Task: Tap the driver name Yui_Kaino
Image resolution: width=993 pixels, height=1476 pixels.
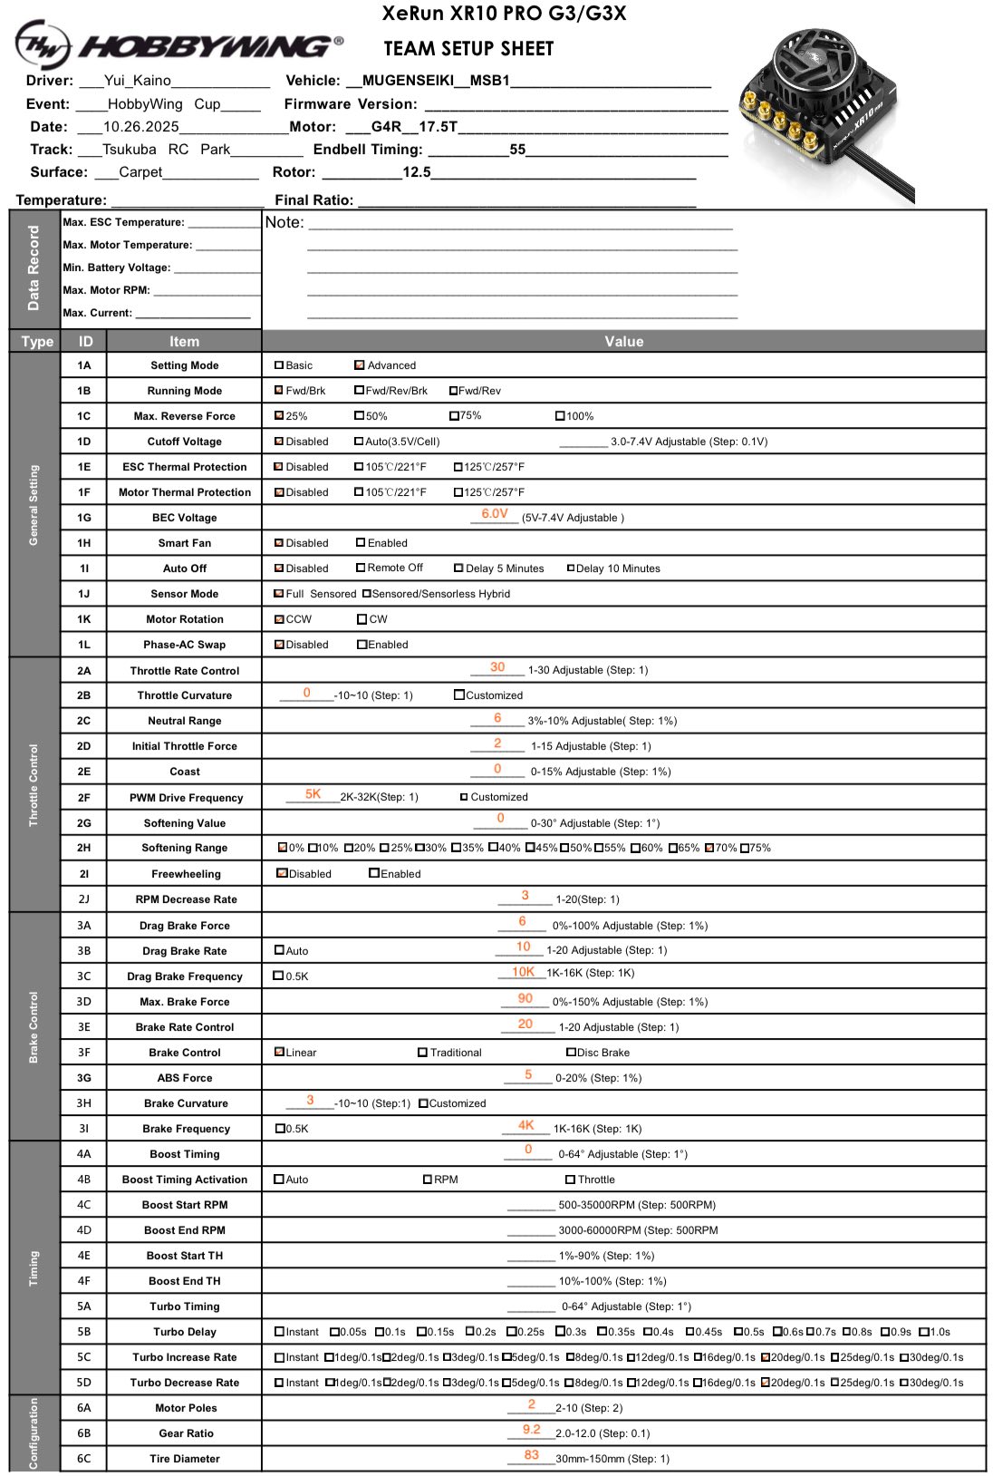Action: pos(138,81)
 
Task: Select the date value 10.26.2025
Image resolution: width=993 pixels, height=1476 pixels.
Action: pos(141,127)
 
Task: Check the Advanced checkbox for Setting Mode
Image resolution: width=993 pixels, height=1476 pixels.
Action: pos(360,365)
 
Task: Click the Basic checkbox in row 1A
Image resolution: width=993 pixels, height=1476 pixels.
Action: pos(279,365)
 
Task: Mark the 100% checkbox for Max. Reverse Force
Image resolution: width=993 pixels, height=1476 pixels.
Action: pos(561,416)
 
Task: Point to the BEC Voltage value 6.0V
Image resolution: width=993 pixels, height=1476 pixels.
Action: pos(495,514)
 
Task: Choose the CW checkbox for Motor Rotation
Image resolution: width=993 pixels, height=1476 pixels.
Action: pos(362,619)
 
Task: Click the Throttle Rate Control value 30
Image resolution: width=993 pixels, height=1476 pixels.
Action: pos(497,667)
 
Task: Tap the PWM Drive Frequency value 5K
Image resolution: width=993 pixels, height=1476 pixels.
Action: pos(313,794)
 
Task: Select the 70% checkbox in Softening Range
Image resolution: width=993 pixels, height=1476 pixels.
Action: pos(709,849)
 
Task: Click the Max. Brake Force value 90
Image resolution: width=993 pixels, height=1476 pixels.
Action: pos(525,998)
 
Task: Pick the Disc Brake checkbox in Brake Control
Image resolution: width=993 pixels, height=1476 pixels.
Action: pos(571,1053)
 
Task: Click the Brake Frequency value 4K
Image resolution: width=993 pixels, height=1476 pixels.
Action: pos(526,1125)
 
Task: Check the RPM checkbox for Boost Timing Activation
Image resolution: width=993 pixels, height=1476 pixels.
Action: pos(428,1180)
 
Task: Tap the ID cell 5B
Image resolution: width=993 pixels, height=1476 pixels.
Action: pos(84,1332)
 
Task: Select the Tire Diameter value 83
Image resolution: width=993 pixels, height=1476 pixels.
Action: pos(532,1455)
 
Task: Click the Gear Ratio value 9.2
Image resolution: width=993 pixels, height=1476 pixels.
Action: pos(532,1430)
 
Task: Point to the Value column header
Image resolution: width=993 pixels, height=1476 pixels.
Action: pos(623,342)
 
